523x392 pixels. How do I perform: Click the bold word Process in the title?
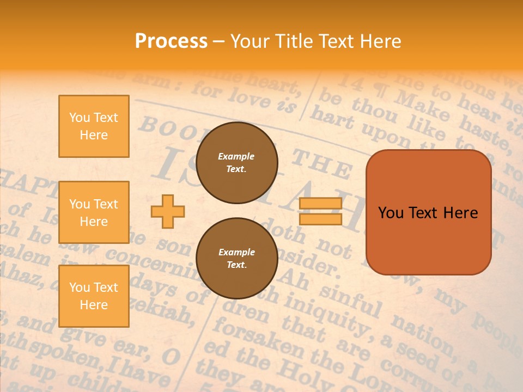pyautogui.click(x=171, y=41)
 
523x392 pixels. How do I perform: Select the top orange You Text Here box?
pyautogui.click(x=94, y=126)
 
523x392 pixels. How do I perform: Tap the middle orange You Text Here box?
pyautogui.click(x=94, y=212)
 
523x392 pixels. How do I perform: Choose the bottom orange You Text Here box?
pyautogui.click(x=94, y=296)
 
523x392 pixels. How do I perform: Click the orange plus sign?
pyautogui.click(x=168, y=211)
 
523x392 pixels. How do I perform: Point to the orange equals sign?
pyautogui.click(x=320, y=211)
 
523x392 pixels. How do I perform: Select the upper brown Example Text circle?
pyautogui.click(x=236, y=163)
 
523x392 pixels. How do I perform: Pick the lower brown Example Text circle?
pyautogui.click(x=236, y=259)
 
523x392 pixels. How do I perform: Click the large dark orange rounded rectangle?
pyautogui.click(x=428, y=212)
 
